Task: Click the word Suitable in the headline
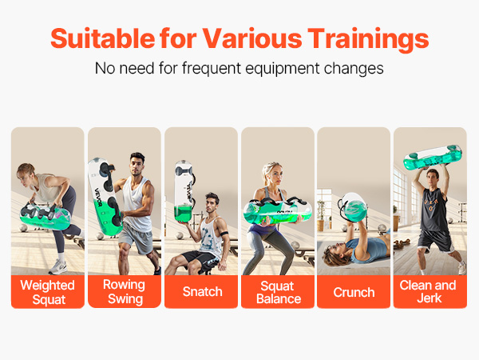click(x=103, y=38)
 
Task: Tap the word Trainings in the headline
click(x=368, y=40)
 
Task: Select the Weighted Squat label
click(x=48, y=292)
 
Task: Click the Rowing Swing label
click(x=125, y=291)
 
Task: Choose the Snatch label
click(x=202, y=292)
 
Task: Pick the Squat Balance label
click(x=279, y=292)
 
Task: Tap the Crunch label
click(x=354, y=292)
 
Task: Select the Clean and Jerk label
click(x=428, y=291)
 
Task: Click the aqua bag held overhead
click(x=432, y=158)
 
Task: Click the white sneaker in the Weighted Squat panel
click(x=58, y=267)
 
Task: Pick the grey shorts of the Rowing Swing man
click(x=137, y=238)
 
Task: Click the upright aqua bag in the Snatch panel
click(x=184, y=192)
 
